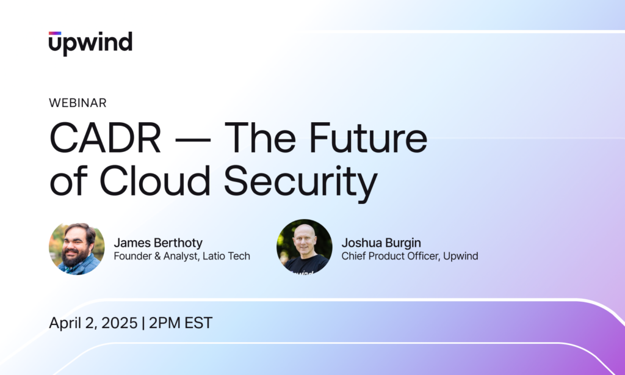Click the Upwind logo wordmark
tap(90, 44)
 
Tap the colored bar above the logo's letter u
tap(55, 33)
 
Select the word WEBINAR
tap(78, 103)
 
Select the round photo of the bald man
tap(304, 247)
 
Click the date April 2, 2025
tap(93, 323)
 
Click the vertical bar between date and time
tap(143, 323)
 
